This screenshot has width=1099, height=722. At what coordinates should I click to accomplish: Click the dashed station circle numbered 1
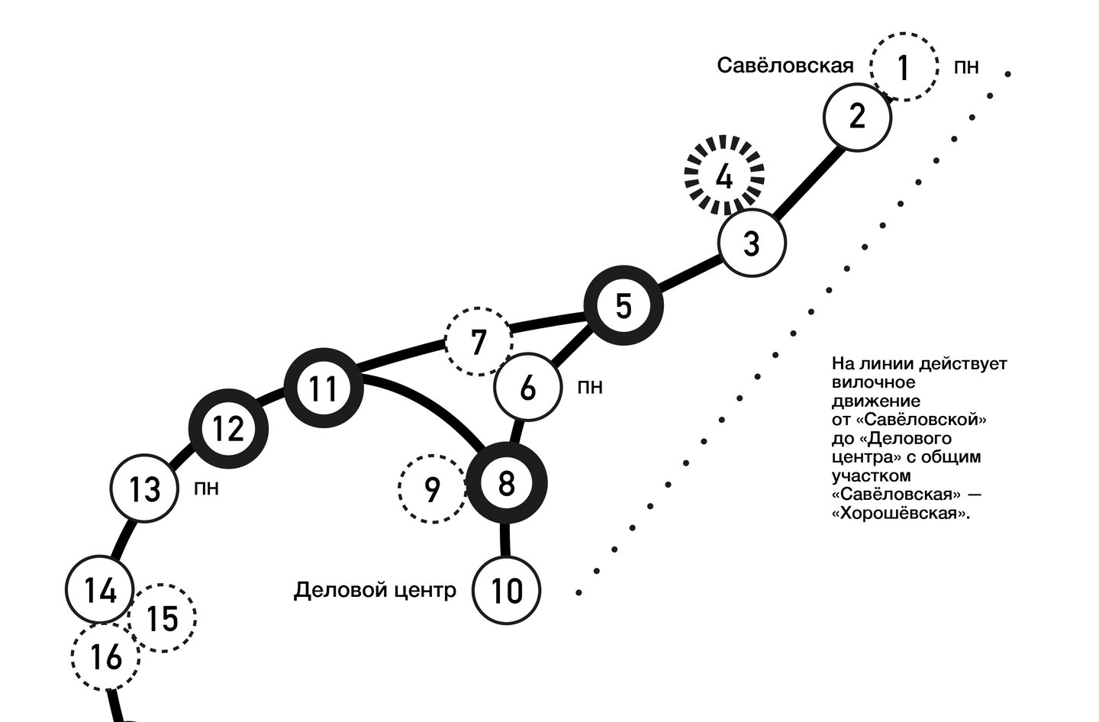[x=904, y=67]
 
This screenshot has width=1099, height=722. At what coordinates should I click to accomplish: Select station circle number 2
[x=857, y=117]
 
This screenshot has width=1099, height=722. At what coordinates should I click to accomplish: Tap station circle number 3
[x=752, y=244]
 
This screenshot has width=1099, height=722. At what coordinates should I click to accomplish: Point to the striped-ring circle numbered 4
[x=724, y=177]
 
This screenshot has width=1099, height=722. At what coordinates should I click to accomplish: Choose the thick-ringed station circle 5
[x=624, y=306]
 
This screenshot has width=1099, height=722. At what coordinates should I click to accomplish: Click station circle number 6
[x=528, y=388]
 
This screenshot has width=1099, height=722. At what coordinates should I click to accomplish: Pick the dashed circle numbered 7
[x=479, y=342]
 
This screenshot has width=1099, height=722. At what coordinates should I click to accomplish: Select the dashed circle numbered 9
[x=432, y=489]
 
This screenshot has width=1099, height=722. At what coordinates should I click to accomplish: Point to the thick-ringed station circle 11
[x=324, y=389]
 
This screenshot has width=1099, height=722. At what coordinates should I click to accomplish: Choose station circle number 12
[x=228, y=430]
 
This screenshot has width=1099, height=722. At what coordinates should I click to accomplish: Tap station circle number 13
[x=144, y=488]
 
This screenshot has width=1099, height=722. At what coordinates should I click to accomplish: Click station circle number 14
[x=101, y=590]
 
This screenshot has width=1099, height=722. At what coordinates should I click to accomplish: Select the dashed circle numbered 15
[x=162, y=617]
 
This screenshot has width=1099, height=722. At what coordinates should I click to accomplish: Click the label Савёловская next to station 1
[x=785, y=66]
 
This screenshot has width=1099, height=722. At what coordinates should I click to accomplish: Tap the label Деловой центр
[x=375, y=590]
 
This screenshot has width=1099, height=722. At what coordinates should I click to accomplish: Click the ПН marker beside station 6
[x=589, y=388]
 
